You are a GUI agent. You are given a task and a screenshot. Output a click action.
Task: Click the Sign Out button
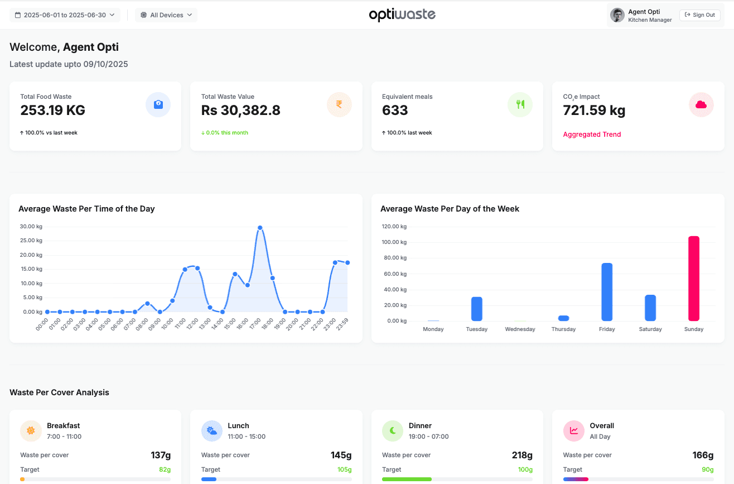(699, 15)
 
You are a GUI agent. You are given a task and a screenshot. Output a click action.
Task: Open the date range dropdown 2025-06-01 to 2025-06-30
(65, 15)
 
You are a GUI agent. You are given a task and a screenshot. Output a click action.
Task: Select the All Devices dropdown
(166, 15)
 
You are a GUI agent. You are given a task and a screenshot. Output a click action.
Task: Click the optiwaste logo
(402, 15)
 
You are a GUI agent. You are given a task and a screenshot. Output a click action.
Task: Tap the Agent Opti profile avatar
(617, 15)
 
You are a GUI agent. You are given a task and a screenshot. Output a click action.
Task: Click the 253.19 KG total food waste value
(53, 111)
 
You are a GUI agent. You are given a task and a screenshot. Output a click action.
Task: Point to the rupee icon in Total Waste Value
(339, 104)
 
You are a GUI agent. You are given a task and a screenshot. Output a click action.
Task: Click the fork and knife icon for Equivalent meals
(520, 104)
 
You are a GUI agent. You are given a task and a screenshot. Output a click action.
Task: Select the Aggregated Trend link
(592, 135)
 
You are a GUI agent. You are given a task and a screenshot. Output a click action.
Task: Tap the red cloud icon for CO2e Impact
(701, 104)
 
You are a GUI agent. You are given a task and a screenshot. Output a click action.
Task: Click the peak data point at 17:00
(260, 228)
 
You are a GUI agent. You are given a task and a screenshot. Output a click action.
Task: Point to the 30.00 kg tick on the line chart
(31, 227)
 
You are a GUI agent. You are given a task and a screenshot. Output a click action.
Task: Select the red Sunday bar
(694, 279)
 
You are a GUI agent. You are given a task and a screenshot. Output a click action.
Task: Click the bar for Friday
(607, 292)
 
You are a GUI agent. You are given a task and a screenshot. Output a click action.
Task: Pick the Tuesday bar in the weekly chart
(476, 309)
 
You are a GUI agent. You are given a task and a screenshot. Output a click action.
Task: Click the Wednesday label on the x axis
(520, 329)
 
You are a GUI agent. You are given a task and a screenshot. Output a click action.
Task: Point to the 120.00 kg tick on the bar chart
(394, 227)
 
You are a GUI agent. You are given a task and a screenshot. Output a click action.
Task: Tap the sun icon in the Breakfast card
(31, 431)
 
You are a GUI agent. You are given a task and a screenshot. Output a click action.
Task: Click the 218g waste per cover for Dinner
(522, 455)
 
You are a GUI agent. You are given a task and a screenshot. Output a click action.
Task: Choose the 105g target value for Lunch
(344, 469)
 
